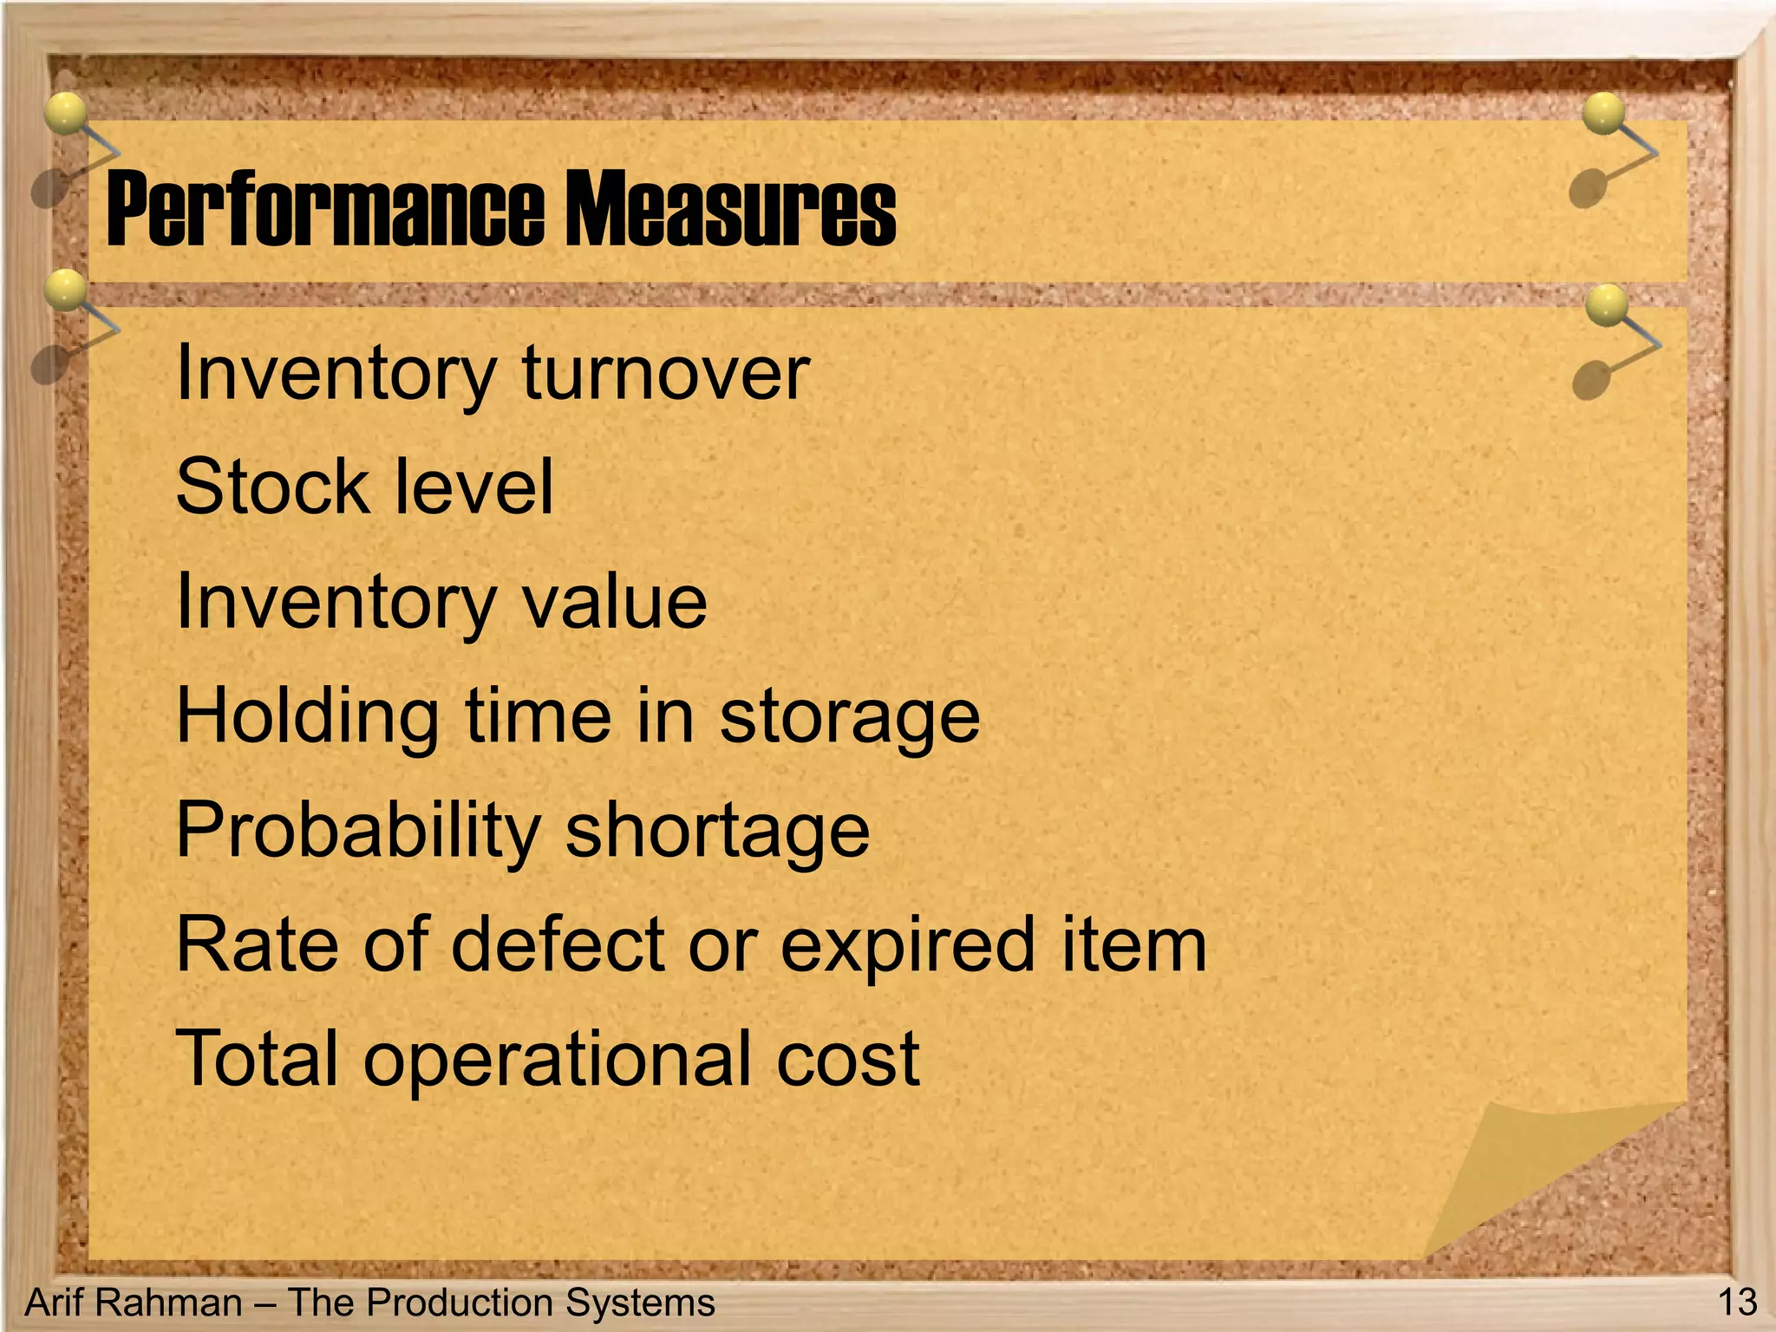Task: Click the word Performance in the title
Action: pos(324,209)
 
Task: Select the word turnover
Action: pos(665,373)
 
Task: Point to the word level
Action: pos(473,486)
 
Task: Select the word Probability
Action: pos(358,831)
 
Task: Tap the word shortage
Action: pos(717,831)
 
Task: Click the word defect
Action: pos(560,944)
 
